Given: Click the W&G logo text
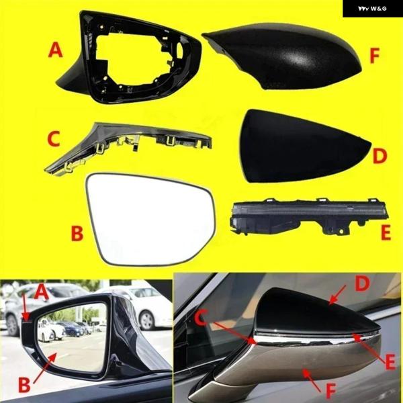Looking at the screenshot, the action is click(372, 9).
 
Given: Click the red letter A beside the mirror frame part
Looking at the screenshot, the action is click(55, 50).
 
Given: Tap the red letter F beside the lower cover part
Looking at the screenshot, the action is click(374, 56).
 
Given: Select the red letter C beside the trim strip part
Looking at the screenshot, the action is click(54, 138).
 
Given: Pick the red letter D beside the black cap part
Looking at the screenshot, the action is click(379, 156).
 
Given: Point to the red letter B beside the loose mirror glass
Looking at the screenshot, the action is click(77, 233).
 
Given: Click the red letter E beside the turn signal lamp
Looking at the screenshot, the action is click(386, 232).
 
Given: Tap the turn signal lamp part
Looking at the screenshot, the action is click(308, 216).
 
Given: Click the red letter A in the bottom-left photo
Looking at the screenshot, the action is click(40, 292).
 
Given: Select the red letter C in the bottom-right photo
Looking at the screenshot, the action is click(200, 318).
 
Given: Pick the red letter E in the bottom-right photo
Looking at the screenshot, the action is click(390, 362).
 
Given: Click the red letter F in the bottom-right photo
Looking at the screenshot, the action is click(330, 391).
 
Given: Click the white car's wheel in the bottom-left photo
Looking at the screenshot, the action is click(148, 320).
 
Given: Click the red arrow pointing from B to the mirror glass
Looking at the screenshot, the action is click(45, 367).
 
